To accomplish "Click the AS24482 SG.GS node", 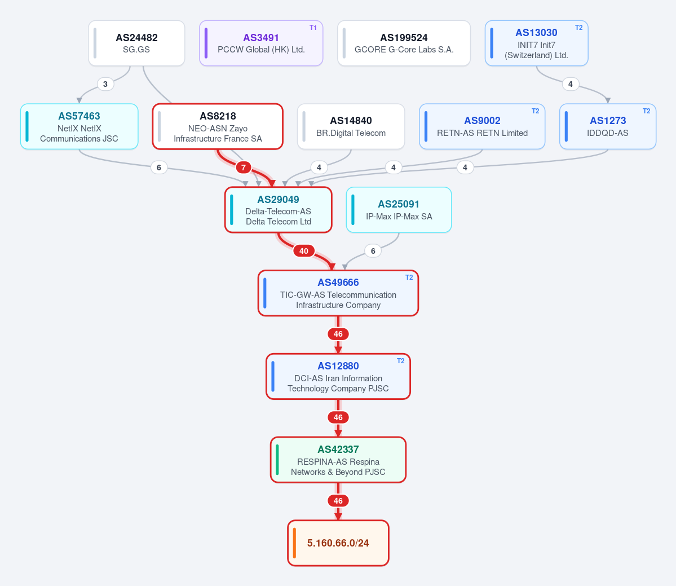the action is point(136,43).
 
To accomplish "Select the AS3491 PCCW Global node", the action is point(261,43).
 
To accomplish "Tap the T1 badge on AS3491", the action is point(313,28).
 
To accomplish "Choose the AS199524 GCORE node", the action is point(404,43).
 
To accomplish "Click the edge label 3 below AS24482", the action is point(105,84).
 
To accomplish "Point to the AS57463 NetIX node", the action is point(79,126).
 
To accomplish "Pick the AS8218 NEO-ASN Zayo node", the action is point(218,126).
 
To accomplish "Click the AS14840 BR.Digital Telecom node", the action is point(351,126).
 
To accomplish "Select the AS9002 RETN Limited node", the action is point(482,126).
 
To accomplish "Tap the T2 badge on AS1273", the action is point(646,111).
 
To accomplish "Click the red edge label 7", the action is point(244,168).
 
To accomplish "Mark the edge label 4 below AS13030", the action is point(571,84).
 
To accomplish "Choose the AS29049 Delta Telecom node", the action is point(279,210).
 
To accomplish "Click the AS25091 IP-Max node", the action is point(399,210).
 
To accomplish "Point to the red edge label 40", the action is point(304,251).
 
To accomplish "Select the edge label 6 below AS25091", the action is point(373,251).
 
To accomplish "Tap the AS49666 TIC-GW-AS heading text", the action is point(338,283).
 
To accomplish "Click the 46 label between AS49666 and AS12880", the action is point(338,334).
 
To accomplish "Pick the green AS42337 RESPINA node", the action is point(338,460).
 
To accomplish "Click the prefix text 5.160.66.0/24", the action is point(338,543).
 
